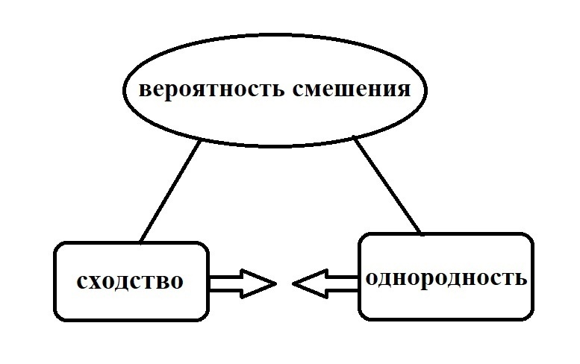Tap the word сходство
(x=129, y=282)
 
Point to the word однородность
(x=446, y=278)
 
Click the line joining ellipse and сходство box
(x=170, y=192)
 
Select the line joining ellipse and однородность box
(x=387, y=186)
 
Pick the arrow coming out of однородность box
(x=325, y=283)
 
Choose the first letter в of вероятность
(x=145, y=91)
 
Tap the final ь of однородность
(x=522, y=279)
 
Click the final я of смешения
(x=404, y=91)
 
